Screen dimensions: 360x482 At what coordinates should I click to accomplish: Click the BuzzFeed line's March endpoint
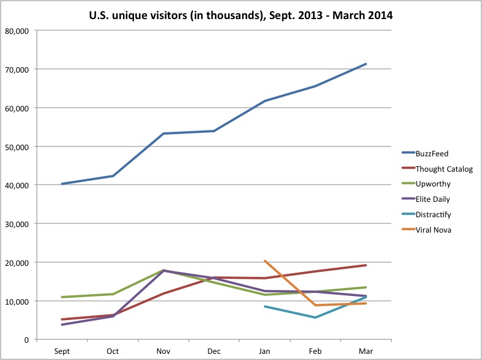(x=366, y=64)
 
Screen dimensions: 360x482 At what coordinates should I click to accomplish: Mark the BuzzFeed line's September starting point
(x=62, y=183)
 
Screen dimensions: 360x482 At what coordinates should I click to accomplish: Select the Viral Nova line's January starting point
(x=264, y=261)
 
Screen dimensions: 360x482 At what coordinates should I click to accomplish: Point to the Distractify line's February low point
(x=315, y=318)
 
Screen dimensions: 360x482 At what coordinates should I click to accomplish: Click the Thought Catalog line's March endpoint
(x=366, y=265)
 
